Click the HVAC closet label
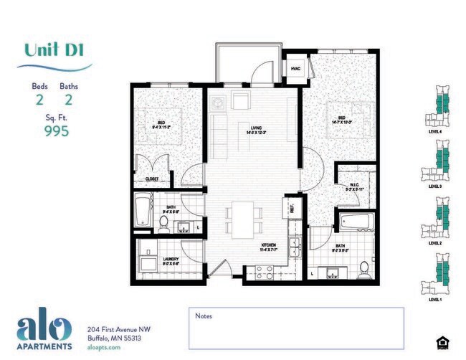(x=295, y=68)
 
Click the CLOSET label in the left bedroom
(x=152, y=178)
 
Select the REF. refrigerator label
(x=292, y=207)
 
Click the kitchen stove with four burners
(x=260, y=273)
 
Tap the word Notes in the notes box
(x=203, y=315)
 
